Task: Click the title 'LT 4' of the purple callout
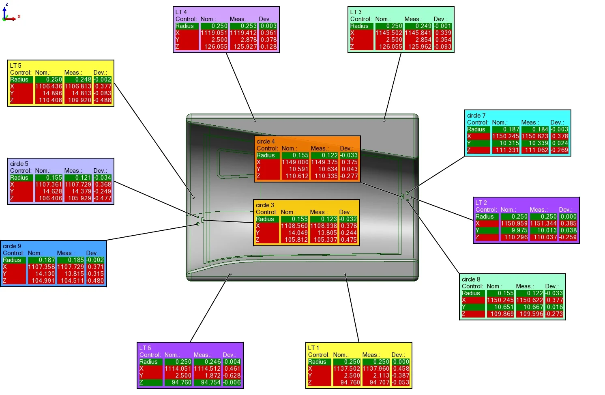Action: (181, 12)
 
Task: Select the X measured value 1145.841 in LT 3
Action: (418, 33)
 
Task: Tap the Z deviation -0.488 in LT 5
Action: (103, 100)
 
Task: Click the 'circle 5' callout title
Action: (19, 164)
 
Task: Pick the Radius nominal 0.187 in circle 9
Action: (42, 260)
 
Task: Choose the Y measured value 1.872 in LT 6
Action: (207, 376)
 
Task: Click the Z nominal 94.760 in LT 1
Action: (347, 382)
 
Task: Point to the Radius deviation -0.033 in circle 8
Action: (554, 293)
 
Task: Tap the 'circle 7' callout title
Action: (476, 116)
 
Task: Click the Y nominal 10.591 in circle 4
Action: (295, 169)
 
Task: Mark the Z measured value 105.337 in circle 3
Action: (324, 240)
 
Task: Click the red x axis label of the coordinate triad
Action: (19, 17)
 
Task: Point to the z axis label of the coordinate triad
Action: (6, 4)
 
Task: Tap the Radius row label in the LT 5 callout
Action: (19, 79)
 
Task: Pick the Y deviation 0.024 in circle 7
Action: (560, 143)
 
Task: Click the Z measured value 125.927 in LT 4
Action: (243, 47)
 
